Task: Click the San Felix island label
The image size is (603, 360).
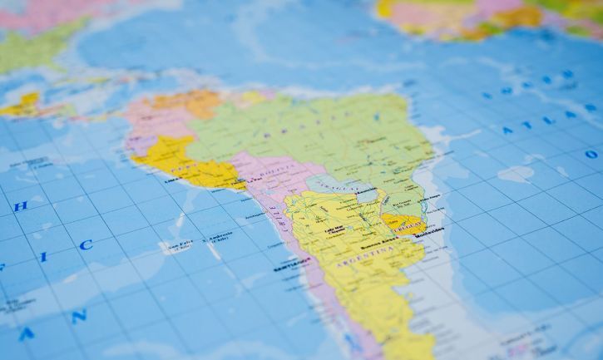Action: tap(180, 244)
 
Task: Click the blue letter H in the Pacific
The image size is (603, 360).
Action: tap(22, 205)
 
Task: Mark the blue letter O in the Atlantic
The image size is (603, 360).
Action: tap(591, 154)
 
